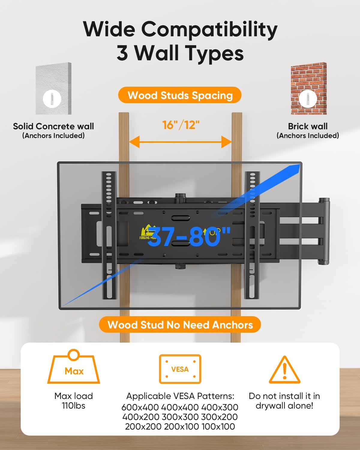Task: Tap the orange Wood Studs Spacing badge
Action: coord(180,95)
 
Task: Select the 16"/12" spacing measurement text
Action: coord(181,125)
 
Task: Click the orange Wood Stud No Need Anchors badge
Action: coord(180,325)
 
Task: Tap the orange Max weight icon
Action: coord(74,367)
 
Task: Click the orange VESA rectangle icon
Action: coord(180,369)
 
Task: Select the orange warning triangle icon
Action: coord(284,370)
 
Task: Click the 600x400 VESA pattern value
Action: coord(140,407)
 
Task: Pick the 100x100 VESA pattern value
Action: coord(218,427)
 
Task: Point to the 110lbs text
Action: coord(73,406)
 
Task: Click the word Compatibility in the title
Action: coord(209,29)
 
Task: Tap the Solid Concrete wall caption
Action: coord(53,126)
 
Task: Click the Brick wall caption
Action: coord(308,126)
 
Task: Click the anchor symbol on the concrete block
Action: coord(52,99)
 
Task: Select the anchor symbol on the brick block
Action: coord(308,98)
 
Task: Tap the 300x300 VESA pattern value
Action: coord(180,417)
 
